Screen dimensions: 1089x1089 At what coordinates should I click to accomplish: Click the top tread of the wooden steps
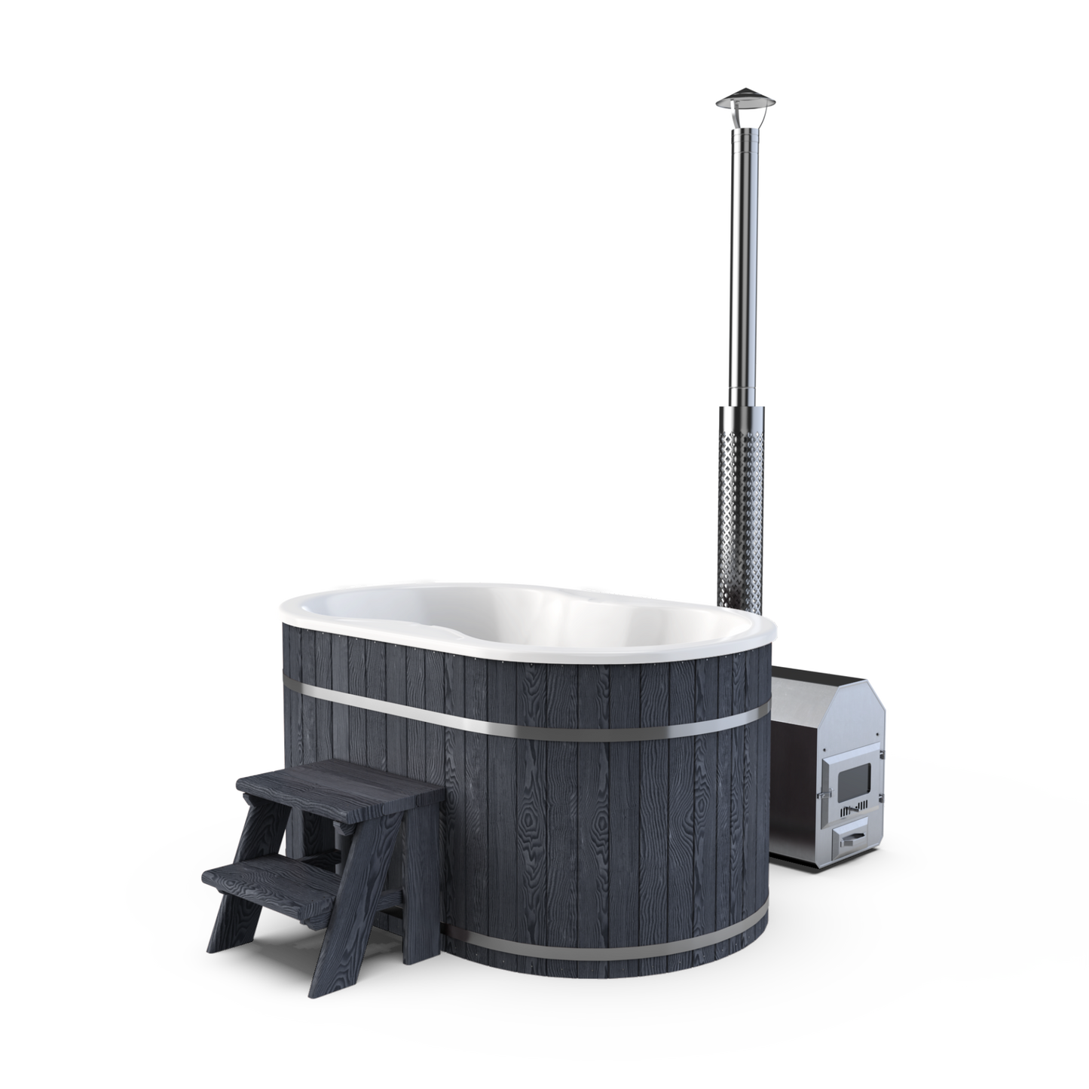pos(339,776)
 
